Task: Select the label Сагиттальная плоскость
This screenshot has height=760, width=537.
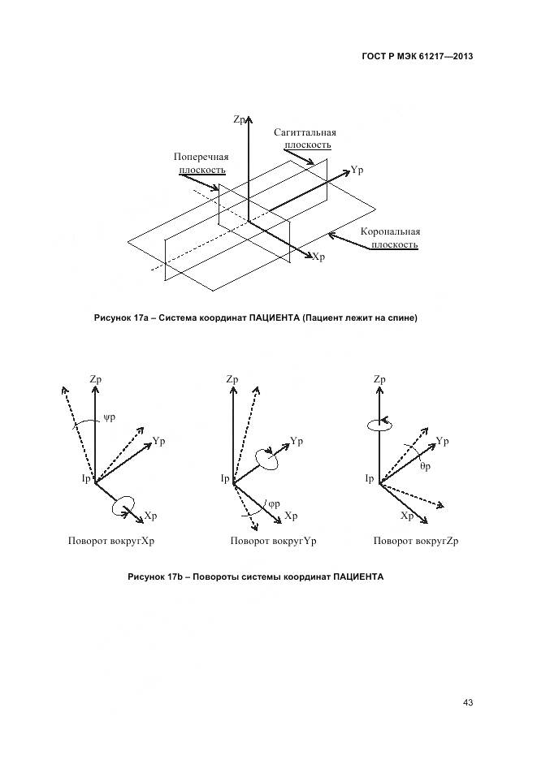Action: coord(305,139)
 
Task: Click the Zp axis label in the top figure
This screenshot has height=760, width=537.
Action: coord(240,119)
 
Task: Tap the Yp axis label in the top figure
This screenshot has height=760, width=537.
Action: coord(357,171)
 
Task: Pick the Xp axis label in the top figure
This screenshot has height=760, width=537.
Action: coord(318,257)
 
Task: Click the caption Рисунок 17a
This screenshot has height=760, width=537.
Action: coord(256,318)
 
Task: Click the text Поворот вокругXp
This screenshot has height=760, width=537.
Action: coord(111,541)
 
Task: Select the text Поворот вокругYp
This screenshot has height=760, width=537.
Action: coord(273,541)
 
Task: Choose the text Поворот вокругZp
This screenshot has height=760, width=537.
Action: coord(416,541)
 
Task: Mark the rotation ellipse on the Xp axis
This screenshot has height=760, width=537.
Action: coord(123,504)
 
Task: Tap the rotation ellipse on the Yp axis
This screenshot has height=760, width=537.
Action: coord(267,459)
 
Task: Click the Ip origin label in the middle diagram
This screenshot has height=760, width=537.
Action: coord(225,478)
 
